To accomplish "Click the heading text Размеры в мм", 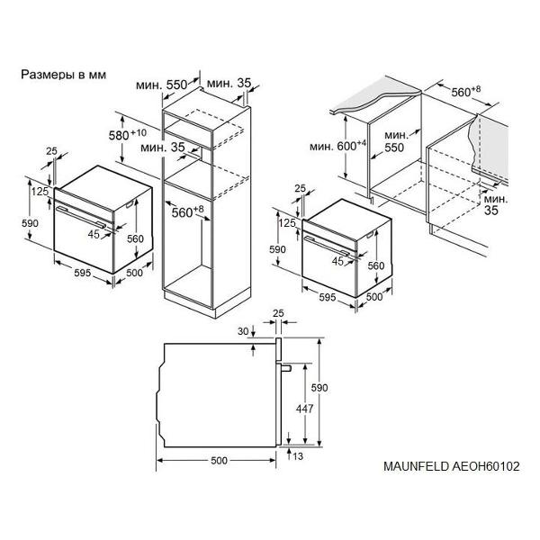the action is point(64,75).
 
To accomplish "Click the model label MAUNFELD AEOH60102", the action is point(452,466).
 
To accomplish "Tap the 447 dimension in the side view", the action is point(305,409).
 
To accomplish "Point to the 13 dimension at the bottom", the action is point(298,456).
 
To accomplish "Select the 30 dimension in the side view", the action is point(243,331).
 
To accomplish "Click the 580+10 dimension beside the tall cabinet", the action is point(128,135).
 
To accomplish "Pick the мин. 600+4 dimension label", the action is point(337,146).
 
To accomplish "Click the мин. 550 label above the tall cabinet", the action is point(161,85).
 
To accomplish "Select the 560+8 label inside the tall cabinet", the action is point(188,211).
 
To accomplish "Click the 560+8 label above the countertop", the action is point(466,91).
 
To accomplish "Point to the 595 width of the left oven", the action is point(83,273).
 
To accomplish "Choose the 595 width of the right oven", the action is point(328,297).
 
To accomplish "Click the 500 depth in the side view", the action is point(219,461).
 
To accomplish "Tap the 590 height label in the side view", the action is point(319,388).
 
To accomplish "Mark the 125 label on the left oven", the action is point(40,192).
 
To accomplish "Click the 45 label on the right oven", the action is point(337,261).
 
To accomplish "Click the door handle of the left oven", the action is point(81,217).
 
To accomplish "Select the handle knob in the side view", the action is point(286,368).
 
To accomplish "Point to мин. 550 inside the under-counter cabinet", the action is point(395,141).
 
